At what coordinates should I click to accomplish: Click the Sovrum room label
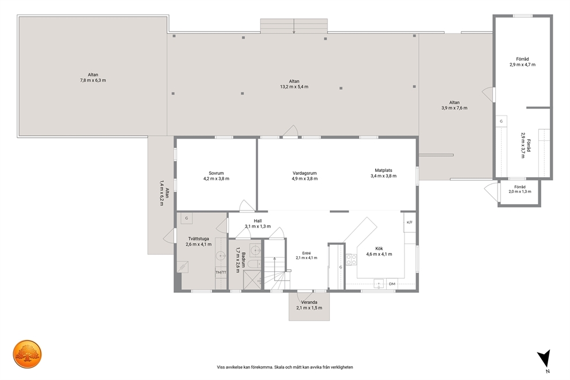pos(216,173)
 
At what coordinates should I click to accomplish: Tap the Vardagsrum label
pos(305,173)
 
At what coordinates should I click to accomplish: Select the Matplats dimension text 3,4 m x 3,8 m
pos(383,176)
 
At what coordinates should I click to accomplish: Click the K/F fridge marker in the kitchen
pos(409,222)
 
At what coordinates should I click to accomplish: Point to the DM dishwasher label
pos(392,283)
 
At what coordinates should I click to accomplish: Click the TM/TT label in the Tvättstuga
pos(221,272)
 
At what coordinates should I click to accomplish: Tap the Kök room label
pos(379,249)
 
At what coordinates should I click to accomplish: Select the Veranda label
pos(309,302)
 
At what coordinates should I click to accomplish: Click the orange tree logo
pos(28,354)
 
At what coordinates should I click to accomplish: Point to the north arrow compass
pos(545,359)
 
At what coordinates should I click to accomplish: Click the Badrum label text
pos(244,260)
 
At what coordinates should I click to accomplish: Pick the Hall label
pos(258,221)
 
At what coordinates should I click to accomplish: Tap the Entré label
pos(306,253)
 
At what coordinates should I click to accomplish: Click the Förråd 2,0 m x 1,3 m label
pos(520,189)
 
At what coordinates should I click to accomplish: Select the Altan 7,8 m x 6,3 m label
pos(93,78)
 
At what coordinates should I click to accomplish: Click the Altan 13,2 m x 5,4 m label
pos(294,84)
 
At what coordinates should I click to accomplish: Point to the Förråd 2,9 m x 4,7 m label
pos(522,62)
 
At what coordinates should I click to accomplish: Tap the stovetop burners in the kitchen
pos(351,259)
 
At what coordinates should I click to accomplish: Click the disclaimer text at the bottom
pos(285,367)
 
